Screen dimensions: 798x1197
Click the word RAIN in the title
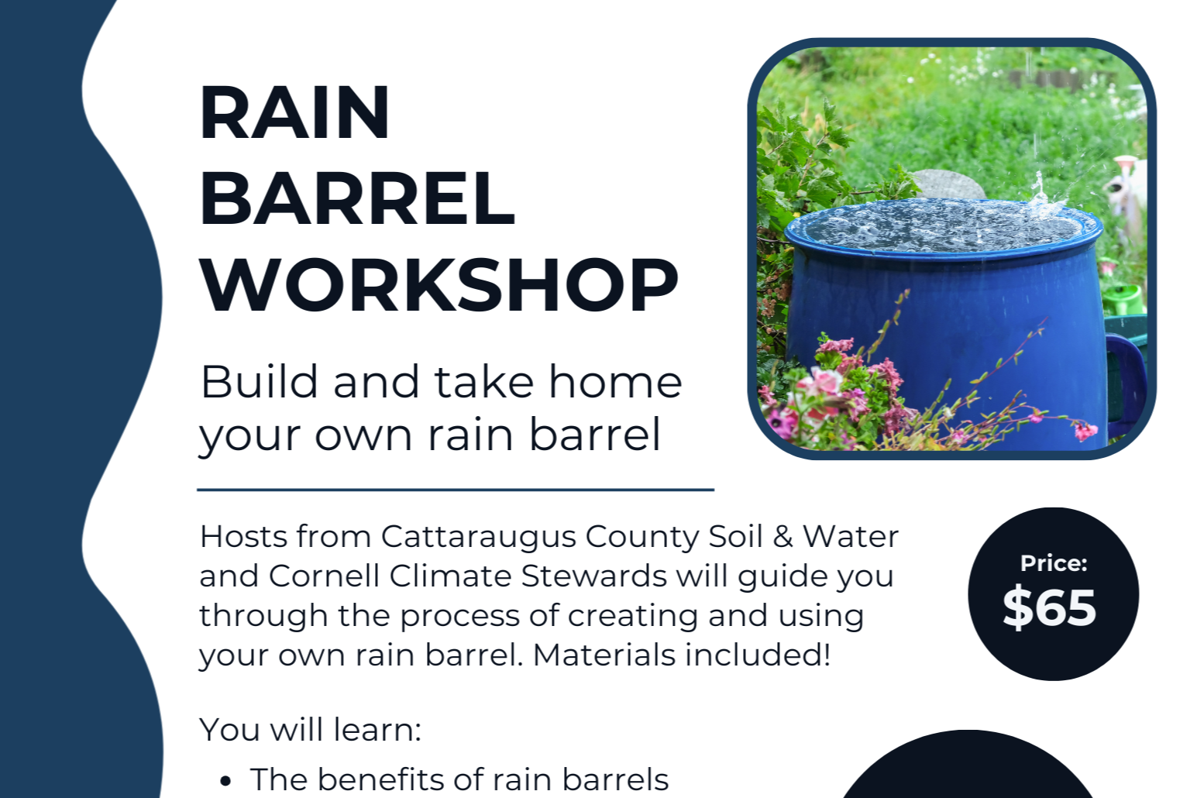tap(294, 114)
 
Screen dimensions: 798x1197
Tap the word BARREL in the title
tap(357, 199)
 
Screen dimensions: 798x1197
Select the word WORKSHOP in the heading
tap(439, 285)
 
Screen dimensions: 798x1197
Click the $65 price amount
tap(1049, 607)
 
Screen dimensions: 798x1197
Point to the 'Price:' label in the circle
tap(1053, 563)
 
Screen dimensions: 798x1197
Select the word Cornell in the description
tap(325, 576)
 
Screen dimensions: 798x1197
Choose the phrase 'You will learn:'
tap(310, 730)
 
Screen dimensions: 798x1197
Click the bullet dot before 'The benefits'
tap(225, 781)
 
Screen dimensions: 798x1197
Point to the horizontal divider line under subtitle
tap(456, 490)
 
